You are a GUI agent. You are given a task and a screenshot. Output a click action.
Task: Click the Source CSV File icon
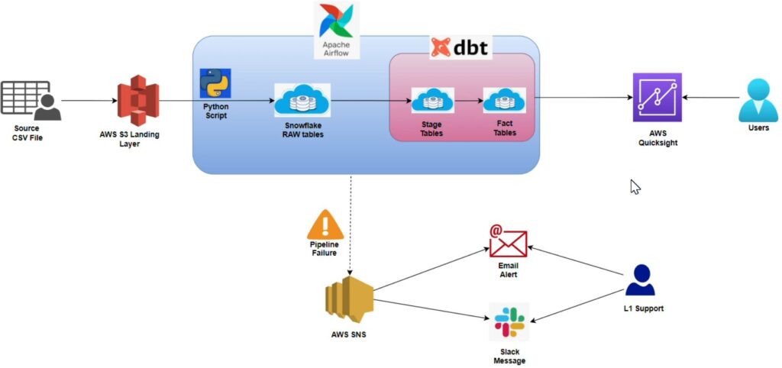point(31,101)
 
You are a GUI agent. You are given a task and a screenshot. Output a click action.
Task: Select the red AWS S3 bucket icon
point(137,100)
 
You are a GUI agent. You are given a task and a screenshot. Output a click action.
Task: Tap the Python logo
point(215,83)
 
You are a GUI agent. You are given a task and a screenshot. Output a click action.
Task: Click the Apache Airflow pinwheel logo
point(337,21)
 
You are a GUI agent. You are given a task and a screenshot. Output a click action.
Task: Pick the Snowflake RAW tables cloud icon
point(302,100)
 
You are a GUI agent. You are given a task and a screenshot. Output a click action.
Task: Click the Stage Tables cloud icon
point(432,100)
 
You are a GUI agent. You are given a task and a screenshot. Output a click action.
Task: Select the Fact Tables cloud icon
point(504,100)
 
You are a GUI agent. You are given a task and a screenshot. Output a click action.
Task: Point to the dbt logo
point(460,48)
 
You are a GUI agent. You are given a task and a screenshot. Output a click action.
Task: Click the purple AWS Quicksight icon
point(657,97)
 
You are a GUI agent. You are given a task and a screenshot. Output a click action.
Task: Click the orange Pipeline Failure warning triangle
point(325,224)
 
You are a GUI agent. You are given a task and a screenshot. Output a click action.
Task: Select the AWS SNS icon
point(349,300)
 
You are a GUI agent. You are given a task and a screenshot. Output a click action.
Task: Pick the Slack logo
point(509,321)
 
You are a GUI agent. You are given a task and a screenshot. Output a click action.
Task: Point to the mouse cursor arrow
point(635,186)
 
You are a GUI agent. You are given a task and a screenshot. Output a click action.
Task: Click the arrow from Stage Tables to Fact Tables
point(468,101)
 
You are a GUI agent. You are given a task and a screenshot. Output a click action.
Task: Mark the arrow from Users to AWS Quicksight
point(710,98)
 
